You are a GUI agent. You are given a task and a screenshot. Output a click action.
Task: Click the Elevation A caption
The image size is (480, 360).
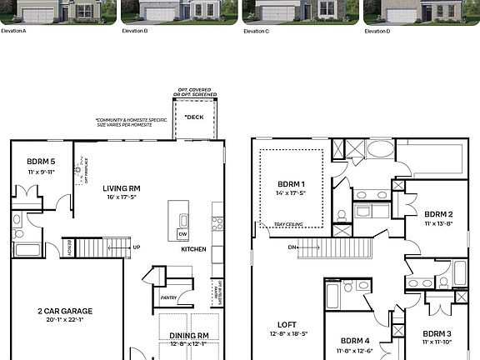point(14,31)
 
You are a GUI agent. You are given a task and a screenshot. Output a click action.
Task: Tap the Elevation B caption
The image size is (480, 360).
point(134,31)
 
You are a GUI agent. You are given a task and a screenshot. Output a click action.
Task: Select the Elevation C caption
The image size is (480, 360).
point(256,31)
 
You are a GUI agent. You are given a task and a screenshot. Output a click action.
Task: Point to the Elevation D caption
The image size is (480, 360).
point(377,31)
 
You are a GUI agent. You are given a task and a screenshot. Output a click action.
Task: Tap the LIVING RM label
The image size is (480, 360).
point(121,188)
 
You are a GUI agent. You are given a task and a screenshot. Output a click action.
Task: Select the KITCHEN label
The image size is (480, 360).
point(194,249)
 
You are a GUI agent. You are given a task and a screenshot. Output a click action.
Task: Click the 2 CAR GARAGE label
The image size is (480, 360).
point(64,311)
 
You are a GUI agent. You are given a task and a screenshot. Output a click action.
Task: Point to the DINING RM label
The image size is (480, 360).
point(188,335)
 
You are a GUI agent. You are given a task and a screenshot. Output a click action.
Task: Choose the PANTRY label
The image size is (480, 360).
point(168,296)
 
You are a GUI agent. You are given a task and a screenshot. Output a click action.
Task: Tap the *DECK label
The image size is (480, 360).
point(193,117)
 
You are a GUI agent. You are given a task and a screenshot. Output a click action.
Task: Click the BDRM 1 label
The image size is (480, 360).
point(291,183)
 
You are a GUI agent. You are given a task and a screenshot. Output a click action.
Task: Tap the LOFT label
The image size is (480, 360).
point(288,325)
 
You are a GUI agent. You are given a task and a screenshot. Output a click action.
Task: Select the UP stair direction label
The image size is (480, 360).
point(136,247)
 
